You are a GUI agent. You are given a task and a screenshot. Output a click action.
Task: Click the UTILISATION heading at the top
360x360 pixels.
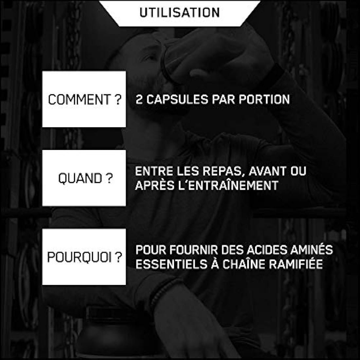(179, 12)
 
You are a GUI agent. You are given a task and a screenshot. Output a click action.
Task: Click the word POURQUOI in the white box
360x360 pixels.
(80, 258)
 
